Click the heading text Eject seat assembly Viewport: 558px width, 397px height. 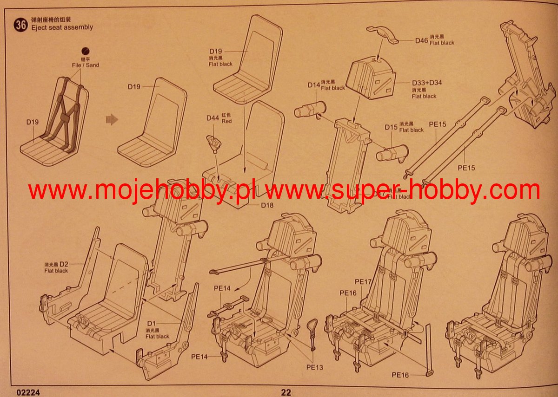point(62,27)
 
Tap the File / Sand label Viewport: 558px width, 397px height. point(85,65)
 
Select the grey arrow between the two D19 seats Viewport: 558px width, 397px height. point(112,120)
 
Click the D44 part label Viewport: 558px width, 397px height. point(213,118)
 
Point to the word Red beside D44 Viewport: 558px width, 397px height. point(227,121)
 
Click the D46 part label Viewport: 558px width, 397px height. point(421,40)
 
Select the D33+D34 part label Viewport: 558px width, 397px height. point(426,83)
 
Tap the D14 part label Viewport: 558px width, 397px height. point(314,85)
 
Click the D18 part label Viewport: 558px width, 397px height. point(267,205)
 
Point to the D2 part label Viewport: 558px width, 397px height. point(64,264)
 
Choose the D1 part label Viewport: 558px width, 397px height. point(151,323)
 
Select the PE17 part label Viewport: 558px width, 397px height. point(363,282)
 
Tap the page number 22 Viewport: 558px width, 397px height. point(286,392)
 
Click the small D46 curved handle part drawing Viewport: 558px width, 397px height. point(384,35)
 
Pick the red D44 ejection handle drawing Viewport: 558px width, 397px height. point(213,143)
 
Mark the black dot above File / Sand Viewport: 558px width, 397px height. point(85,51)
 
